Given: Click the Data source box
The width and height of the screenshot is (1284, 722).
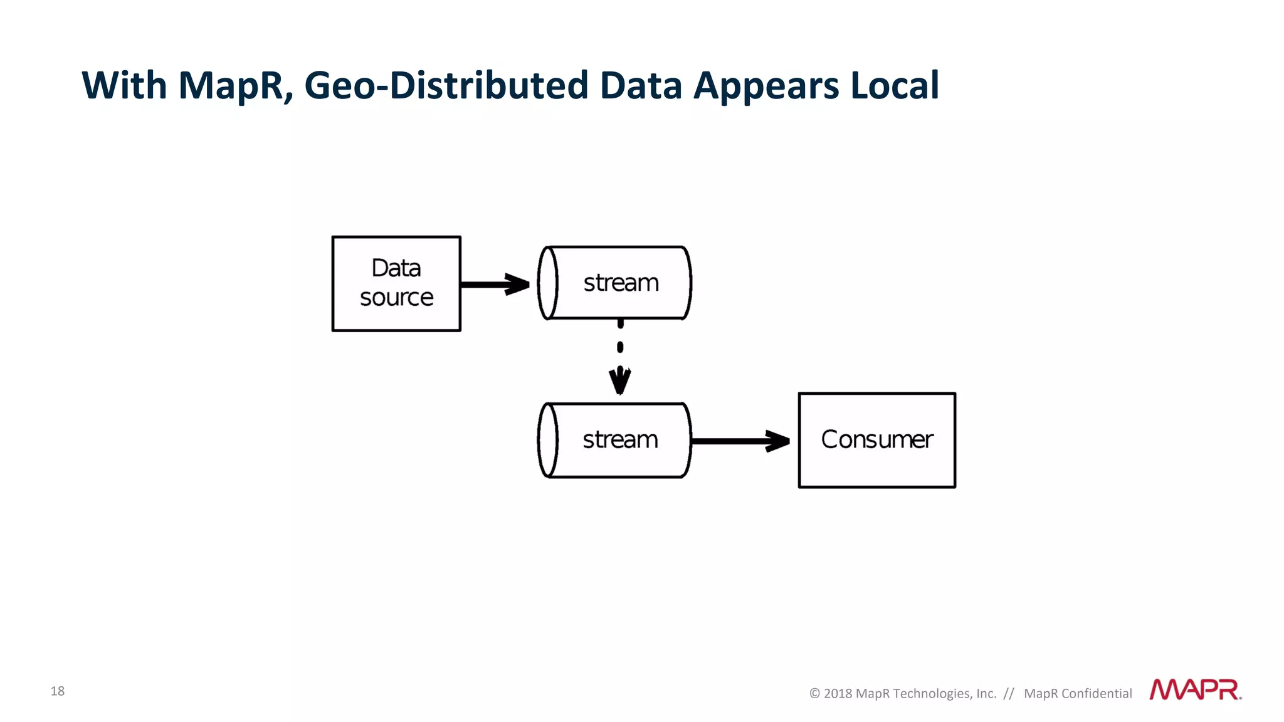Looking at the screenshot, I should (396, 283).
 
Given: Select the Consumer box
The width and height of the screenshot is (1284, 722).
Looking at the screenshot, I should (876, 440).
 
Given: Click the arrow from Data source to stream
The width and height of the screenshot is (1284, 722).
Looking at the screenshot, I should (495, 285).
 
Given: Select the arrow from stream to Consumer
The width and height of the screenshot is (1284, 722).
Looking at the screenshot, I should (740, 441).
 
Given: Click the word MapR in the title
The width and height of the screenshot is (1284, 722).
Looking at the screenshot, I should (235, 85).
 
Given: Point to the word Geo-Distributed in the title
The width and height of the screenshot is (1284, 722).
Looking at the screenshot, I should (446, 85).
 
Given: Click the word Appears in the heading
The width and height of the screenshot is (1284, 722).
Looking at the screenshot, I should (766, 86).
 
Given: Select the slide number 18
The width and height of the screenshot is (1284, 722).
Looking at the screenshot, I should (58, 691).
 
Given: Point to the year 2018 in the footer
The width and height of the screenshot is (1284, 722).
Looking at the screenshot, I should (838, 693).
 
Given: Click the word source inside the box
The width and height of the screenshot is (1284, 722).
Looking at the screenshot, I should (396, 298).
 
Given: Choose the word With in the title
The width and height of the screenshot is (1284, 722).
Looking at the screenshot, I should (124, 85).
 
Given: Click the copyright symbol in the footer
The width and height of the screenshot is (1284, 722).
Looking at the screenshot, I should (814, 693).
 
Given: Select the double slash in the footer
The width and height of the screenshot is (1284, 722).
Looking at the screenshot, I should (1009, 693).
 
